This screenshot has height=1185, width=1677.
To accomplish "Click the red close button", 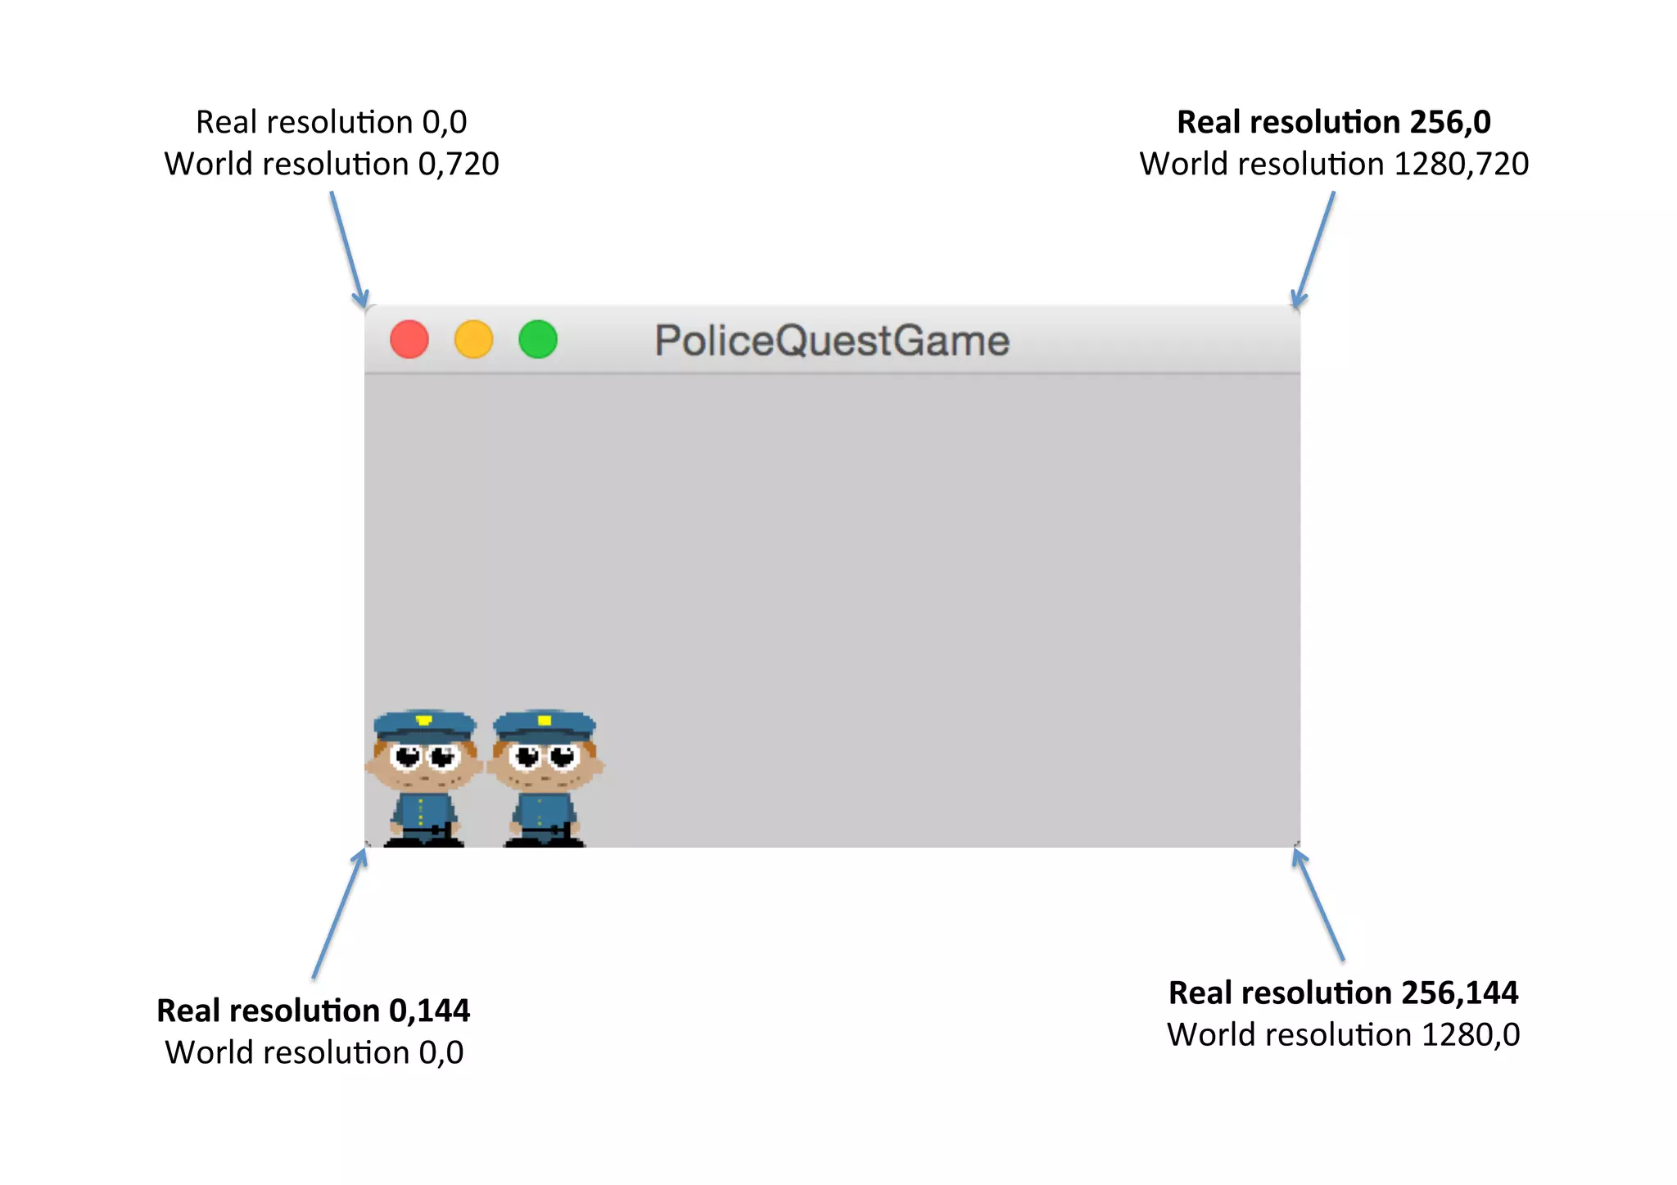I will click(x=409, y=340).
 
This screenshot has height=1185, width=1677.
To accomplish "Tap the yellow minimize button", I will click(x=473, y=340).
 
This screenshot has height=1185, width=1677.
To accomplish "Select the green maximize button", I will click(x=538, y=340).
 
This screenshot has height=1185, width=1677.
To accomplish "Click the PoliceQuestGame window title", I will click(x=831, y=341).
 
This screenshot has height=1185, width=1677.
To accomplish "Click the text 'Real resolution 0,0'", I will click(x=331, y=122).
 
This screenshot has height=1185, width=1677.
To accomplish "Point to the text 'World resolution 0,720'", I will click(x=331, y=164).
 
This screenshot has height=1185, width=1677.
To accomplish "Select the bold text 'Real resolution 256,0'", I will click(x=1333, y=122).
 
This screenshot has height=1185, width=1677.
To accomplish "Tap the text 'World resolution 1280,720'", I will click(x=1333, y=164).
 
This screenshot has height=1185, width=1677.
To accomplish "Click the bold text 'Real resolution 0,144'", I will click(x=313, y=1011).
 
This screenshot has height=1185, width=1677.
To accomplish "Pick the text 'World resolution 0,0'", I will click(x=314, y=1052).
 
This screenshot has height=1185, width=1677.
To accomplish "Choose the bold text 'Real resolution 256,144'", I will click(x=1343, y=993).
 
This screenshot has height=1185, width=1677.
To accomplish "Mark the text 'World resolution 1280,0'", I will click(x=1343, y=1034).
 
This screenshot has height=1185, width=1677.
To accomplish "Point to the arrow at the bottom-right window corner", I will click(x=1318, y=905).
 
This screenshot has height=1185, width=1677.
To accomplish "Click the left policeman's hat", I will click(x=424, y=726).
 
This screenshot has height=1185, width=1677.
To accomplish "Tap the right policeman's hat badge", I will click(x=545, y=721).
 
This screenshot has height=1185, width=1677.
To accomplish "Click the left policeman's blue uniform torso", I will click(x=423, y=812).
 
